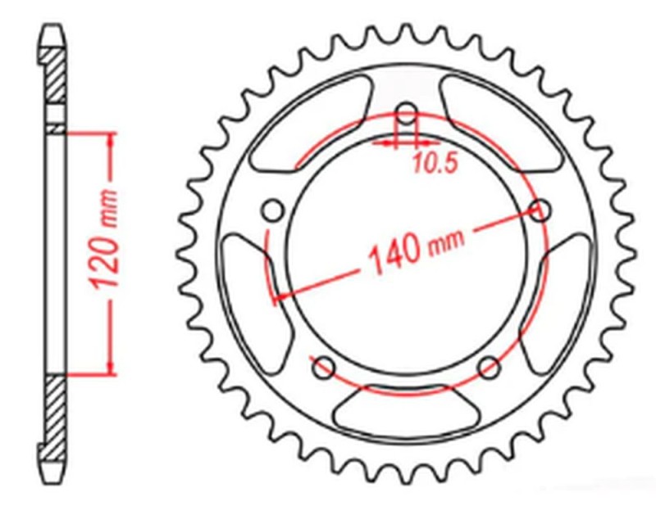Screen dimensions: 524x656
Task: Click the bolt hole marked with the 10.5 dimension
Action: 406,114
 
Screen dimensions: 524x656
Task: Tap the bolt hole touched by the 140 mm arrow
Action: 539,210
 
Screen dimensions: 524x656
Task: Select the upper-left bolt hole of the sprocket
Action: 272,211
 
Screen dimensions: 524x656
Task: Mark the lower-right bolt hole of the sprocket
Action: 489,365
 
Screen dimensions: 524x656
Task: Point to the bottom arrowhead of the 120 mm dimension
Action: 109,368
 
